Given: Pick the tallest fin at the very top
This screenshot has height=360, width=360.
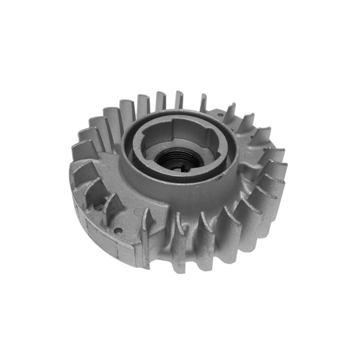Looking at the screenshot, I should point(179,99).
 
